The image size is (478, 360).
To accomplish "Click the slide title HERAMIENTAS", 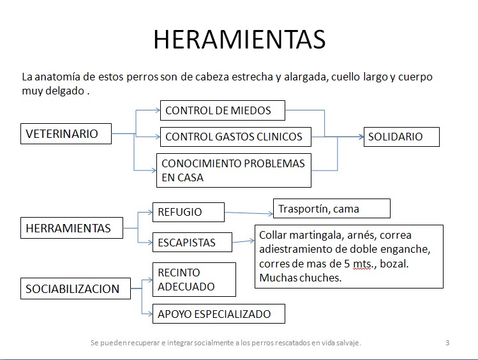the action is (x=239, y=39).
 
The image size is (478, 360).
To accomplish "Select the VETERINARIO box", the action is (x=66, y=134).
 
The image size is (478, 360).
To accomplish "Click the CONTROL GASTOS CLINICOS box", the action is (x=235, y=137).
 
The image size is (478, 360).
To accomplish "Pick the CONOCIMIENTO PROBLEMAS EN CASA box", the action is (x=234, y=170).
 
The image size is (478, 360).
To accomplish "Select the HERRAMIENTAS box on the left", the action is (x=72, y=228).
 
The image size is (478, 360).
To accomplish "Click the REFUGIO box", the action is (x=188, y=213).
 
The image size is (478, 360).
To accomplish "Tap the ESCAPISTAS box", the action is (x=191, y=243).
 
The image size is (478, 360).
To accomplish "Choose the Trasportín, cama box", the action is (x=331, y=209).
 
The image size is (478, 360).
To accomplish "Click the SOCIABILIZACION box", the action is (x=76, y=289).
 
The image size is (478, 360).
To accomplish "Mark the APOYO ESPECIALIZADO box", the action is (x=218, y=314).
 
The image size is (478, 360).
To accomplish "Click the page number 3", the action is (x=447, y=343).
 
